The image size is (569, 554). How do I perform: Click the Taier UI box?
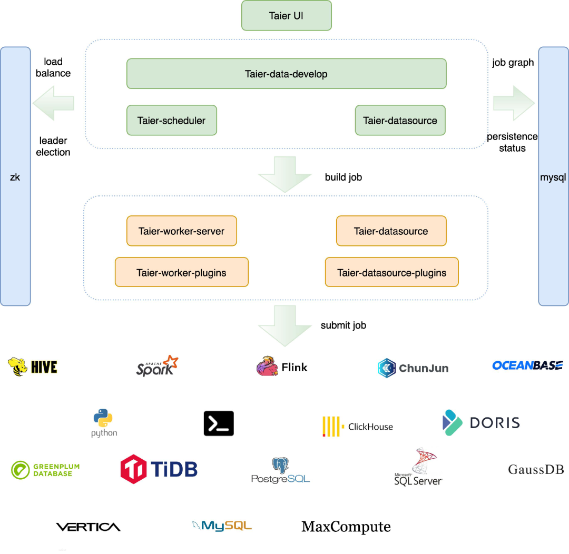(x=286, y=15)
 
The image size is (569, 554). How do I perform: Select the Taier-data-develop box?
(x=286, y=74)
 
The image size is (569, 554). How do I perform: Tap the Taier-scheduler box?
(x=171, y=120)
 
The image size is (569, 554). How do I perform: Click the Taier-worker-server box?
(x=181, y=231)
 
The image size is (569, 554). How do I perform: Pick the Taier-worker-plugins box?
(x=181, y=272)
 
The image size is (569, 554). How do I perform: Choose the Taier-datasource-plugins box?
(x=391, y=272)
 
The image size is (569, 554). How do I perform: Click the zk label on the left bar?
(x=15, y=177)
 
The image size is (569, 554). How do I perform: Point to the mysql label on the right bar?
(x=553, y=177)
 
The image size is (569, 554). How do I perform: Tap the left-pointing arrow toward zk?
(x=53, y=104)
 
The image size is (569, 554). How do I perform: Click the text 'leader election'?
(x=53, y=146)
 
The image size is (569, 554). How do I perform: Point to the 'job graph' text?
(x=513, y=63)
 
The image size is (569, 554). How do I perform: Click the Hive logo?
(x=33, y=367)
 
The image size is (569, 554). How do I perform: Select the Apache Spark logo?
(x=157, y=365)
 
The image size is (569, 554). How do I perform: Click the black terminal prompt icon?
(x=219, y=423)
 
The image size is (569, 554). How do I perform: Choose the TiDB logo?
(x=159, y=469)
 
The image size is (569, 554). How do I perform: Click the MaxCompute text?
(x=346, y=527)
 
